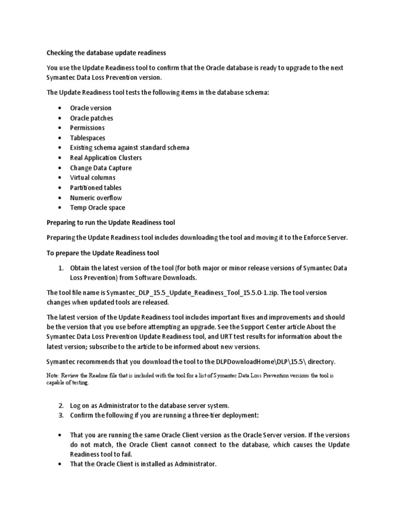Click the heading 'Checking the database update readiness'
click(x=106, y=53)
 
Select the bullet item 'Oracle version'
click(x=90, y=108)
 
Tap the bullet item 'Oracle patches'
click(x=91, y=118)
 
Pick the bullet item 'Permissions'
click(x=87, y=128)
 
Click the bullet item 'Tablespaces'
click(x=87, y=138)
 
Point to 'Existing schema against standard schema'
click(x=130, y=148)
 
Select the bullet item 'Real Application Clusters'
click(x=106, y=158)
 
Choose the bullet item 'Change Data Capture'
click(x=101, y=168)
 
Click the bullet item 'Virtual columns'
click(x=93, y=178)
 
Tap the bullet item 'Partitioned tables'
click(x=96, y=188)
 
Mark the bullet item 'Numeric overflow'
click(x=96, y=198)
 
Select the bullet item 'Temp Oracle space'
click(x=98, y=208)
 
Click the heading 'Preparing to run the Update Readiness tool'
click(x=111, y=223)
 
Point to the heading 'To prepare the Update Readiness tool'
click(x=103, y=253)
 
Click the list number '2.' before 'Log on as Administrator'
click(x=60, y=405)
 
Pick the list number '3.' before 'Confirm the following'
click(x=60, y=415)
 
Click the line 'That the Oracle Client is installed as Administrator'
click(x=143, y=464)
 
